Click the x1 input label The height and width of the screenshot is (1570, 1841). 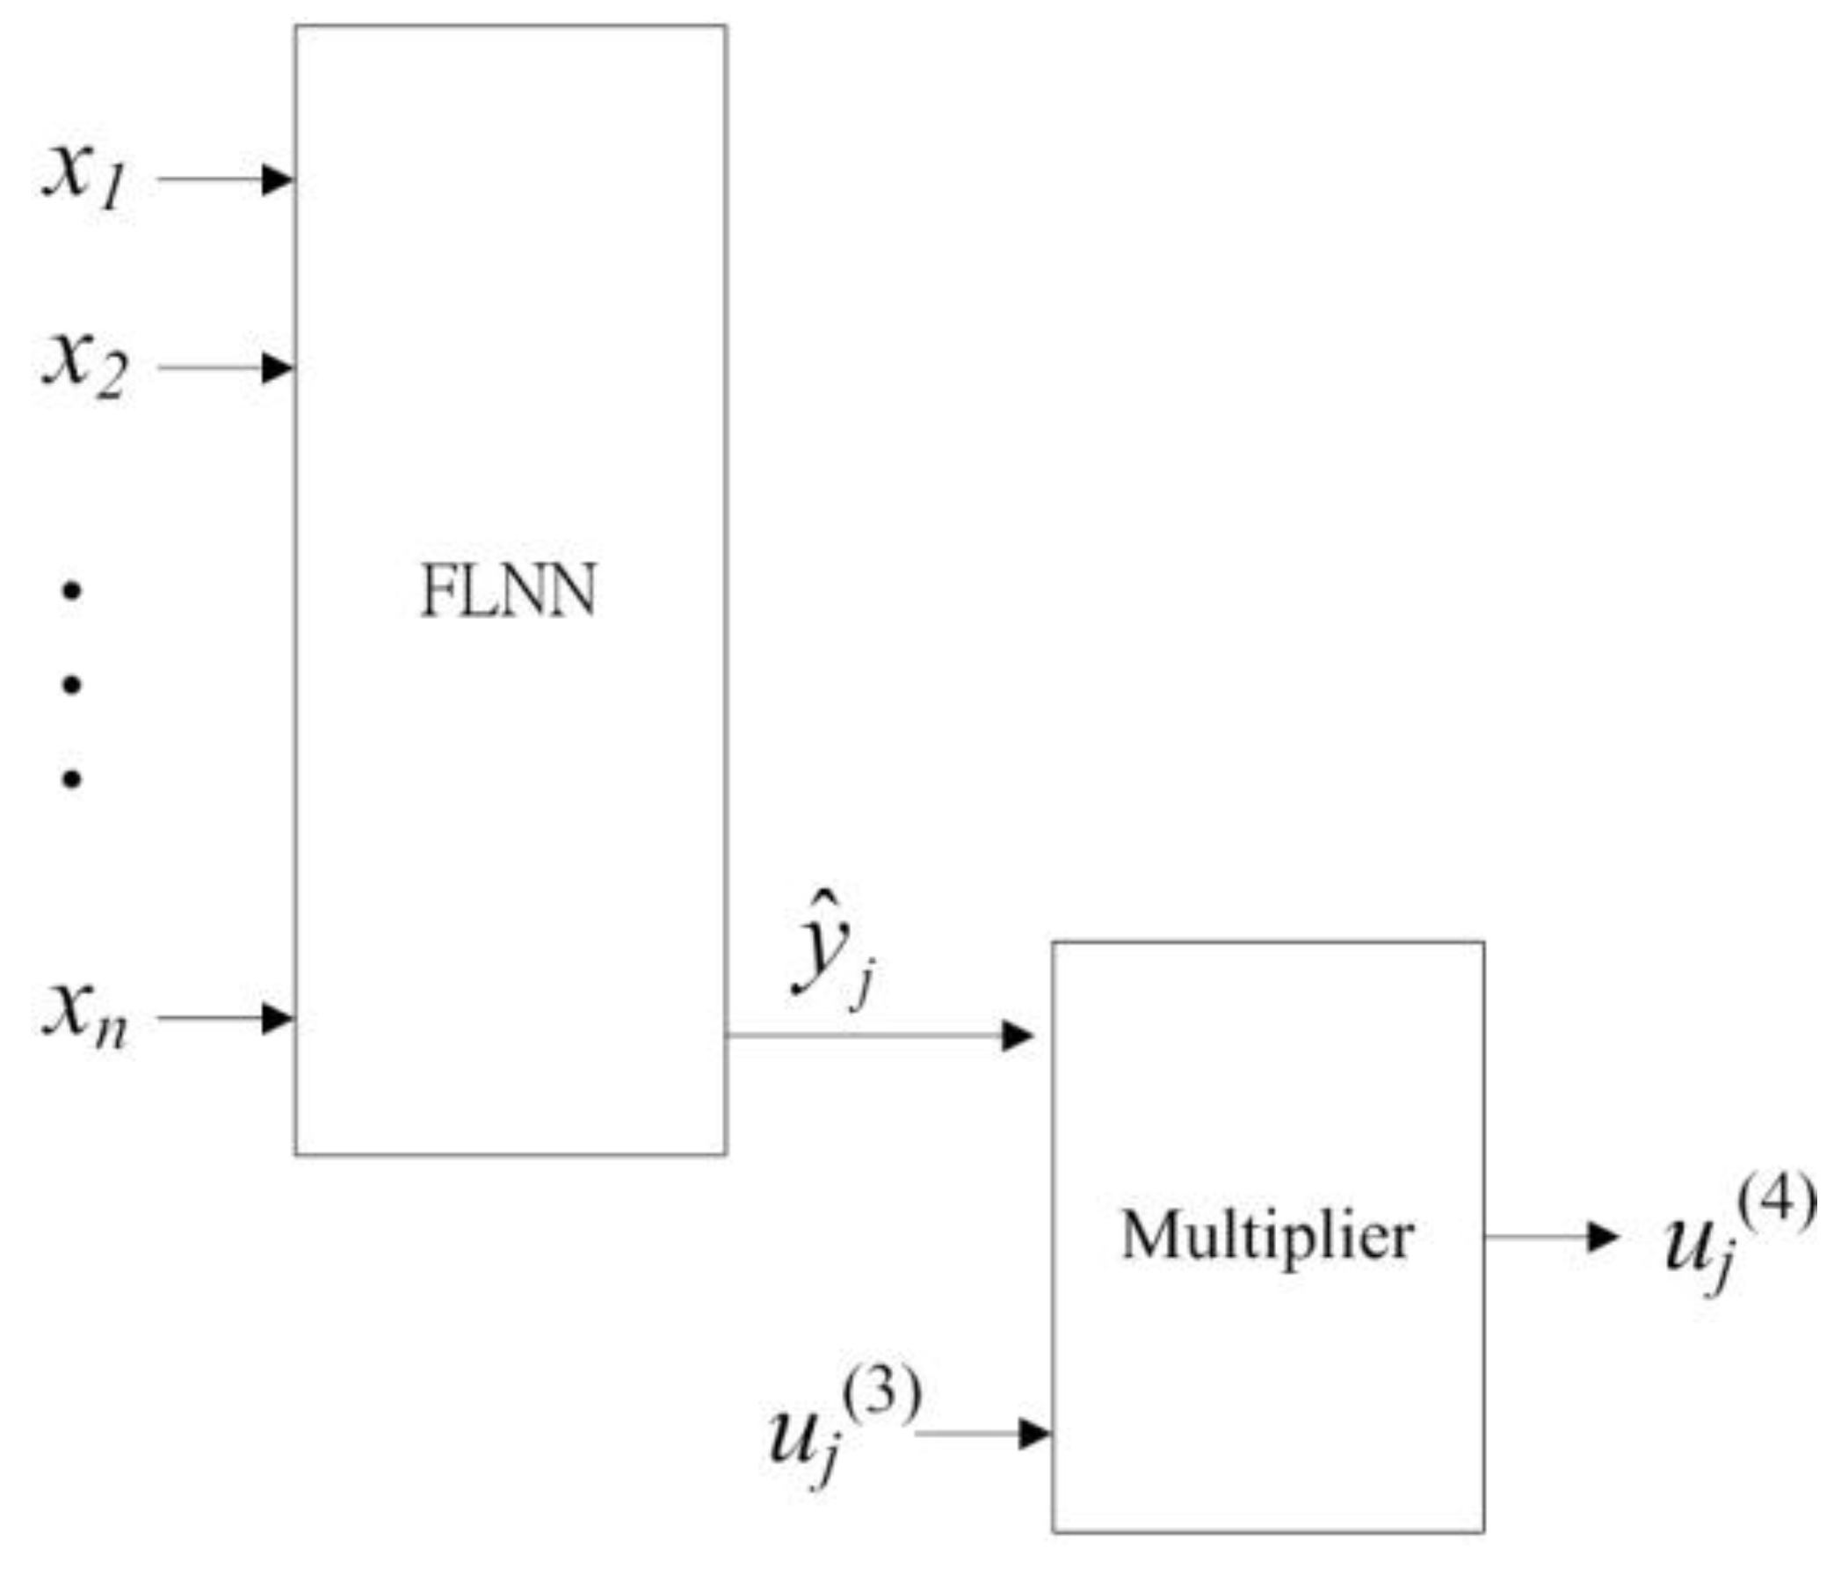[85, 178]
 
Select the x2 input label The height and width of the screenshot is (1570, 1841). [85, 366]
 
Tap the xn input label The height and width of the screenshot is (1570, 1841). [85, 1017]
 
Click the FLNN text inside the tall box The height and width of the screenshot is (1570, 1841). [508, 592]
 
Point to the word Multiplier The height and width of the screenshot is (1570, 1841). [1267, 1236]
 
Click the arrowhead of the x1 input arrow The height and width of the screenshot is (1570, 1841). [277, 179]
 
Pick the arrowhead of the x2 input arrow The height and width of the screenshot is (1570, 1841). [277, 367]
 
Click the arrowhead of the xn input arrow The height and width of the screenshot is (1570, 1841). [277, 1018]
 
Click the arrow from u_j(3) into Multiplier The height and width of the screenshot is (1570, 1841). [982, 1433]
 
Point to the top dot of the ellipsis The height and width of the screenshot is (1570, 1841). [72, 591]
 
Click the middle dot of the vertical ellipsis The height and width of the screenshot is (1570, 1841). [72, 685]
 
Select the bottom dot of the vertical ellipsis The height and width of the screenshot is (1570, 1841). [72, 780]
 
